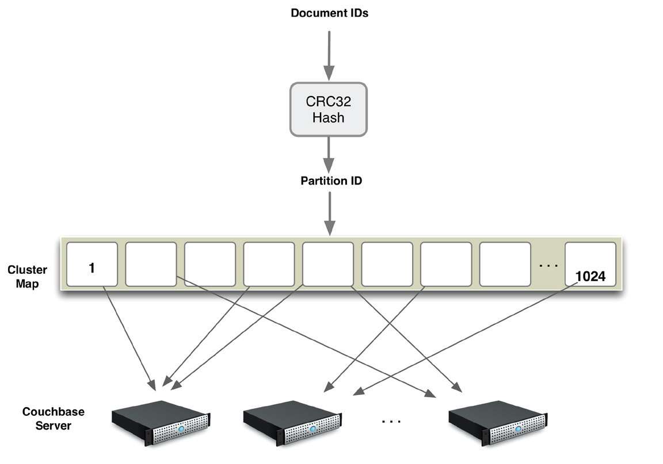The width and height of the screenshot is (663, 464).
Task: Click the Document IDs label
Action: (329, 13)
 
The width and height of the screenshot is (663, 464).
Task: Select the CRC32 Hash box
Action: (328, 109)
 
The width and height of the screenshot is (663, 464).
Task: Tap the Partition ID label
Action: (331, 181)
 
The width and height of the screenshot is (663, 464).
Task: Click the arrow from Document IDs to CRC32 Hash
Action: (329, 55)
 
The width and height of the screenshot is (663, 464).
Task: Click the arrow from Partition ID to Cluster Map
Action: (329, 212)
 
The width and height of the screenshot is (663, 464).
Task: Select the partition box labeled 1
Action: (92, 264)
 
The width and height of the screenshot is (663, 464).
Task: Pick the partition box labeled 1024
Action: (590, 264)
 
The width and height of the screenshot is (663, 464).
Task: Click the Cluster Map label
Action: (28, 277)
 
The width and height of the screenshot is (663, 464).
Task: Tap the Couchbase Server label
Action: (53, 419)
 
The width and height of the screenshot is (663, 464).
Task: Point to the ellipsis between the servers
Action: (391, 422)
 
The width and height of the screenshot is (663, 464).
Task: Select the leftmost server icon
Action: (159, 424)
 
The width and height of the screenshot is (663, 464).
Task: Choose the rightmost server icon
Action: (497, 424)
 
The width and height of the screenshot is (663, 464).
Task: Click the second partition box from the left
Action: (151, 264)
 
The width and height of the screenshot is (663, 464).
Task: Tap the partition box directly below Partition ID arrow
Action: (328, 264)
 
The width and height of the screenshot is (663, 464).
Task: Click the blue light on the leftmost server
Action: (181, 430)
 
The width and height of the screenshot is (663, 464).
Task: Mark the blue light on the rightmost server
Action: (519, 430)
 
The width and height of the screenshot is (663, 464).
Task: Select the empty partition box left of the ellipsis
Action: (505, 264)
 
